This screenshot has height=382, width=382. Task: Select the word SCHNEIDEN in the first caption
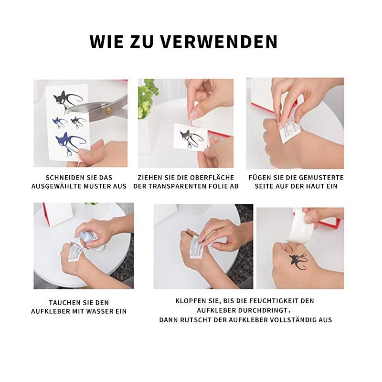click(x=63, y=177)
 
